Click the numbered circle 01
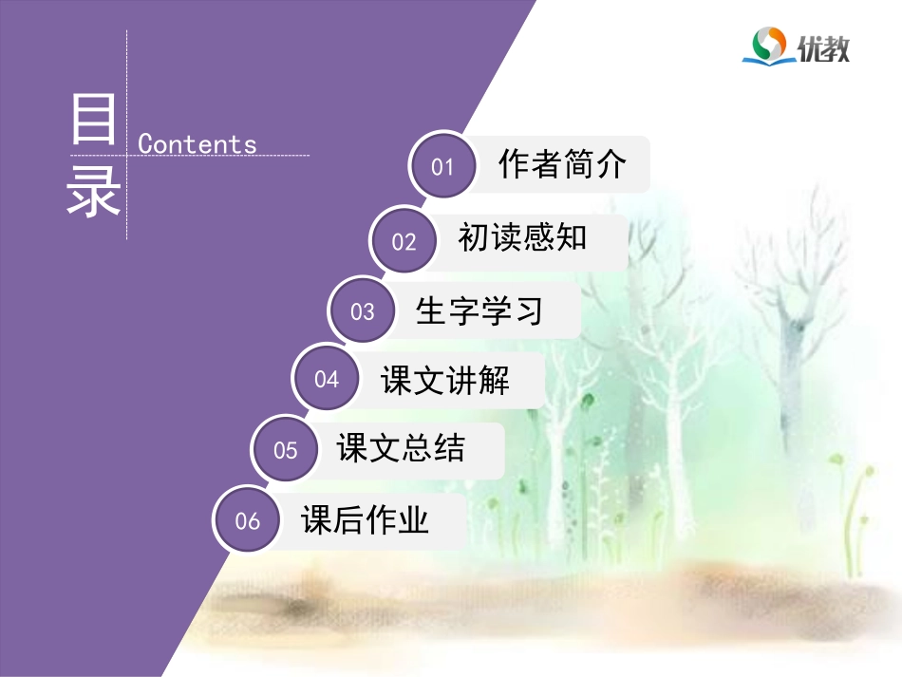click(x=443, y=167)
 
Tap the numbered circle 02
click(x=404, y=241)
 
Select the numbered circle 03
click(x=363, y=311)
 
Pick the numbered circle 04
click(x=327, y=380)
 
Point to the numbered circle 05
click(x=286, y=450)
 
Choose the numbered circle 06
click(x=248, y=520)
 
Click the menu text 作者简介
click(x=562, y=165)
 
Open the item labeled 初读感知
click(x=522, y=237)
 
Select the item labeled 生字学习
click(x=479, y=310)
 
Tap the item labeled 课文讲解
click(x=445, y=380)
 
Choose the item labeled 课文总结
click(x=402, y=448)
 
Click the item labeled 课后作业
click(x=366, y=519)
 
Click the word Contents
click(x=197, y=144)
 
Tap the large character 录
click(x=94, y=193)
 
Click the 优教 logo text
click(x=823, y=47)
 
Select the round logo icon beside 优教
click(x=768, y=45)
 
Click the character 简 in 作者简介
click(x=578, y=165)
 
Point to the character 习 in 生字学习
click(x=528, y=310)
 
